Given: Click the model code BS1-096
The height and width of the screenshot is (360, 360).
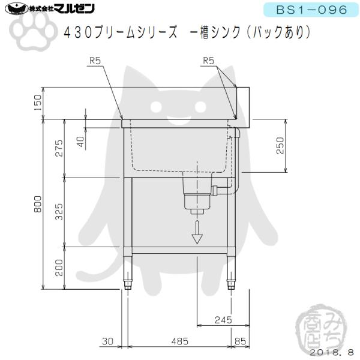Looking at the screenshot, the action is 311,10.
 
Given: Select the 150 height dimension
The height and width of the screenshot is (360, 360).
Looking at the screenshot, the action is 38,103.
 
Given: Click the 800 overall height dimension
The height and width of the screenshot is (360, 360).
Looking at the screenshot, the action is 38,204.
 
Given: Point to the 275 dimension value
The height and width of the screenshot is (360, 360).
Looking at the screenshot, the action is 59,148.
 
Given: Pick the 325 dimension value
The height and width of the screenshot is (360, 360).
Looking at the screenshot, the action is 59,212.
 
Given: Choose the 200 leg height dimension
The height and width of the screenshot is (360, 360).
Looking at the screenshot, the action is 59,268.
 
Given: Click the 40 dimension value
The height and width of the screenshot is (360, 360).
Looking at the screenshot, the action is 80,142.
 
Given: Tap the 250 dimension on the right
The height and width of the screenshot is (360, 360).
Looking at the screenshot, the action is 280,146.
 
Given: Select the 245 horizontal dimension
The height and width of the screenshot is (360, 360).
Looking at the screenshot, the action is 223,320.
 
